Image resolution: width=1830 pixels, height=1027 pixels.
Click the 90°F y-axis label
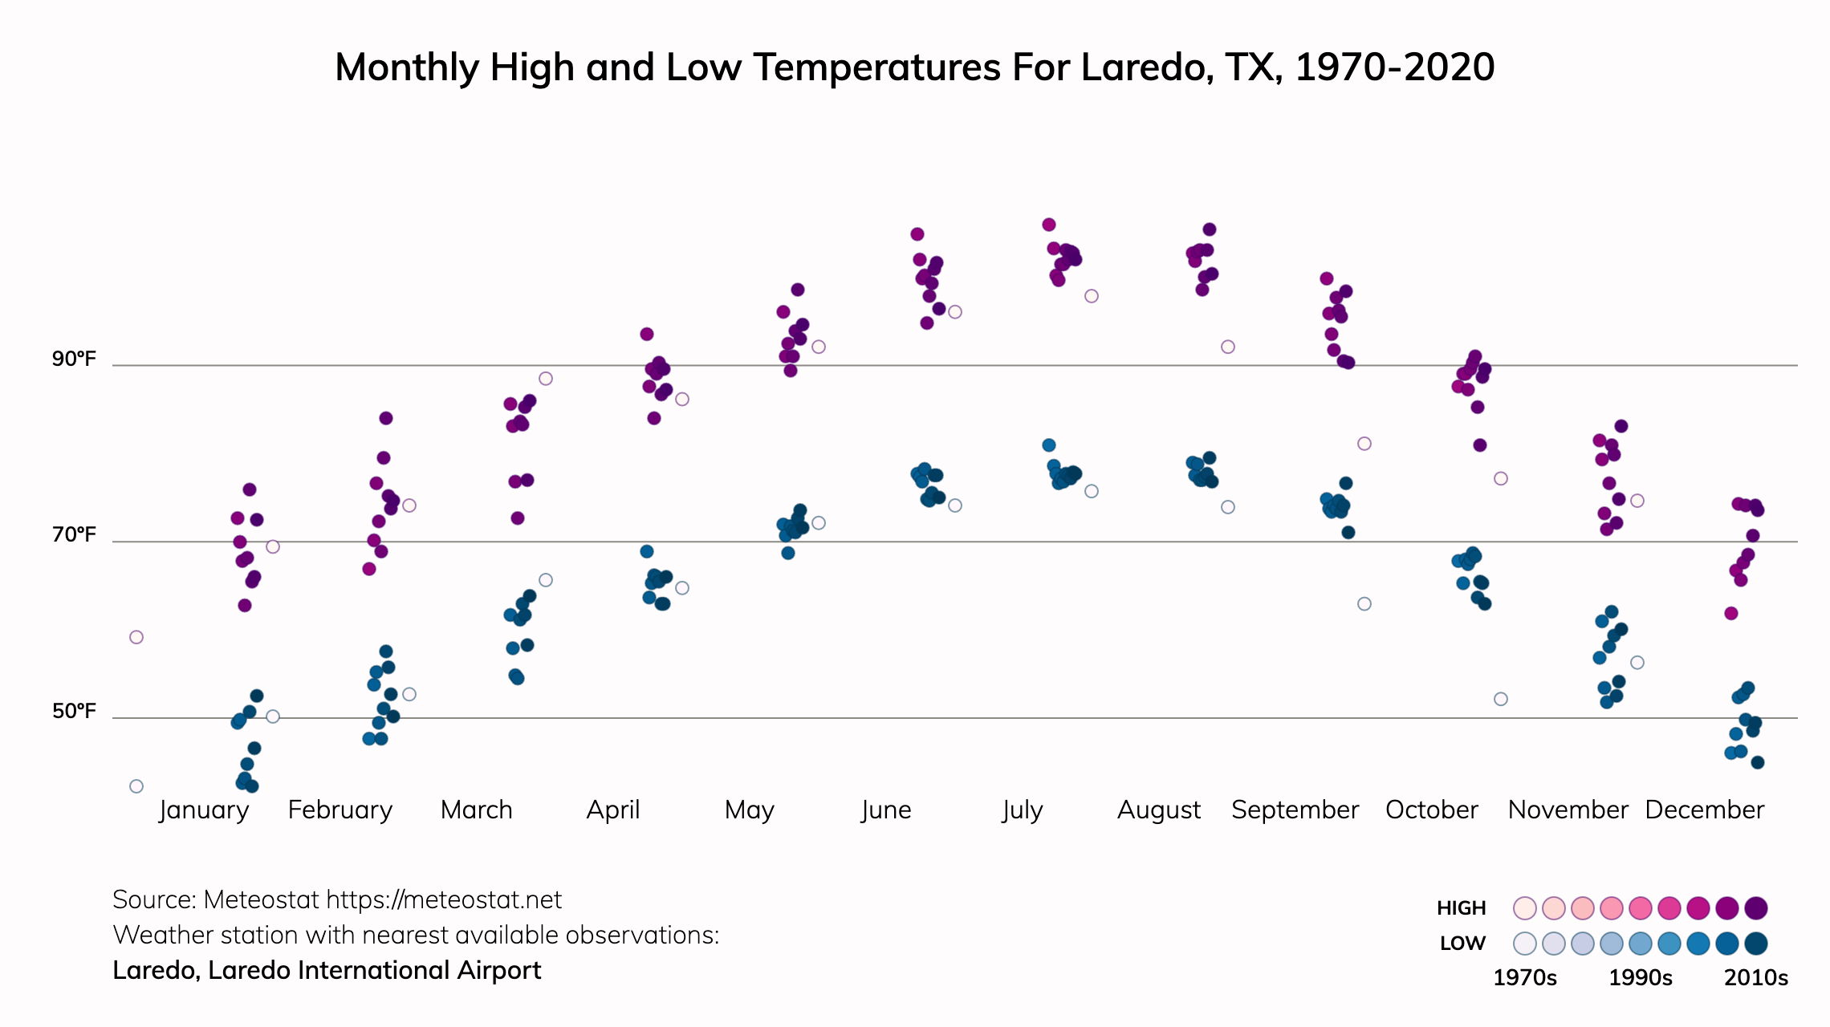pos(74,359)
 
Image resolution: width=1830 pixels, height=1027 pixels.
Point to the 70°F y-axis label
pos(74,534)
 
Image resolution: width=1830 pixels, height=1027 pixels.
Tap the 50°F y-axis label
pos(74,711)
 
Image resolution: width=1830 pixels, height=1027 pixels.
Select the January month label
pos(204,810)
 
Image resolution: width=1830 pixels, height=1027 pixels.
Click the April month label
pos(613,810)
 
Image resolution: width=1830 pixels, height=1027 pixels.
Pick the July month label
pos(1023,810)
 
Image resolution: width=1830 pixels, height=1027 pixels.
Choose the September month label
pos(1295,810)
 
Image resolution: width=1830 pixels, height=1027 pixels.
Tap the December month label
pos(1704,810)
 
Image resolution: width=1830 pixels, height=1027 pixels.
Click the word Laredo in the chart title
pos(1144,67)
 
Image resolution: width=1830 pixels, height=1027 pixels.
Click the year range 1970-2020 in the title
pos(1394,67)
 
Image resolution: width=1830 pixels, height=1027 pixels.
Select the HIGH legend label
pos(1461,908)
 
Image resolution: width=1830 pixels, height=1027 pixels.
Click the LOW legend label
pos(1462,944)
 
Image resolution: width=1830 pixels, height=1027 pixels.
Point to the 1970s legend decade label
pos(1524,978)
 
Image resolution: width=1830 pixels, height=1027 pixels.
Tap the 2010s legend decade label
pos(1756,978)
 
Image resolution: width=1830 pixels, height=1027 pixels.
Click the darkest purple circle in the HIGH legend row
pos(1756,908)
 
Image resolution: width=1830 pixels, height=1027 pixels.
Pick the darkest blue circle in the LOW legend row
pos(1756,944)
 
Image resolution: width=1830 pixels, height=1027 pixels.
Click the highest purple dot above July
pos(1049,225)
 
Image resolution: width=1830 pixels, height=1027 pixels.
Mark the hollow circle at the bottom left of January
pos(136,786)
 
